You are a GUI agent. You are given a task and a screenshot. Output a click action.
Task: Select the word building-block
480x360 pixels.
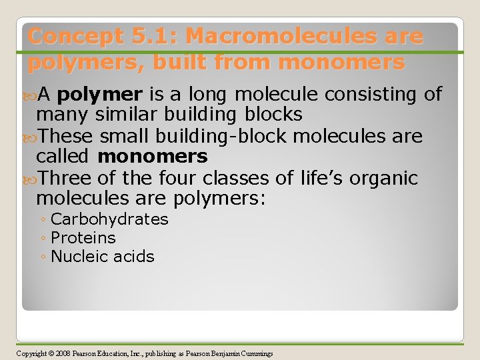click(x=224, y=137)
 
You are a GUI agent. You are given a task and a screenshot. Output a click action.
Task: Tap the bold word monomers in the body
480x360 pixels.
click(x=153, y=157)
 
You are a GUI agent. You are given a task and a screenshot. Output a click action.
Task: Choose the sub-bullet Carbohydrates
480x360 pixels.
click(x=109, y=219)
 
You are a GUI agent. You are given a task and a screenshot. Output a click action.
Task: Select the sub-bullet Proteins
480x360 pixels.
click(x=83, y=238)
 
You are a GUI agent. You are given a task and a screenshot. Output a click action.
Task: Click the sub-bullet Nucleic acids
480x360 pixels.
click(x=103, y=257)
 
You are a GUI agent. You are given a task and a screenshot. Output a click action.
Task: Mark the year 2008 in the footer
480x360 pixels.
click(x=63, y=353)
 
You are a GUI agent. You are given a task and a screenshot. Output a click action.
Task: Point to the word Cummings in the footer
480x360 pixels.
click(x=257, y=353)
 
